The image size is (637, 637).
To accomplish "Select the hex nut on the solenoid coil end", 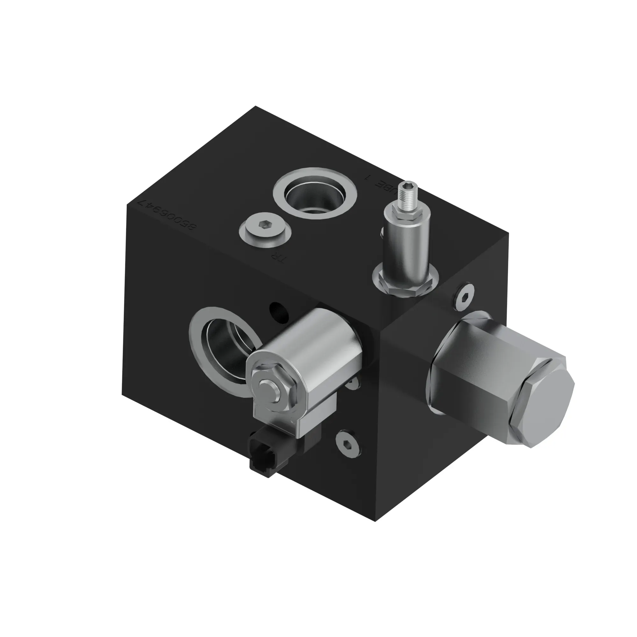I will click(269, 389).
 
